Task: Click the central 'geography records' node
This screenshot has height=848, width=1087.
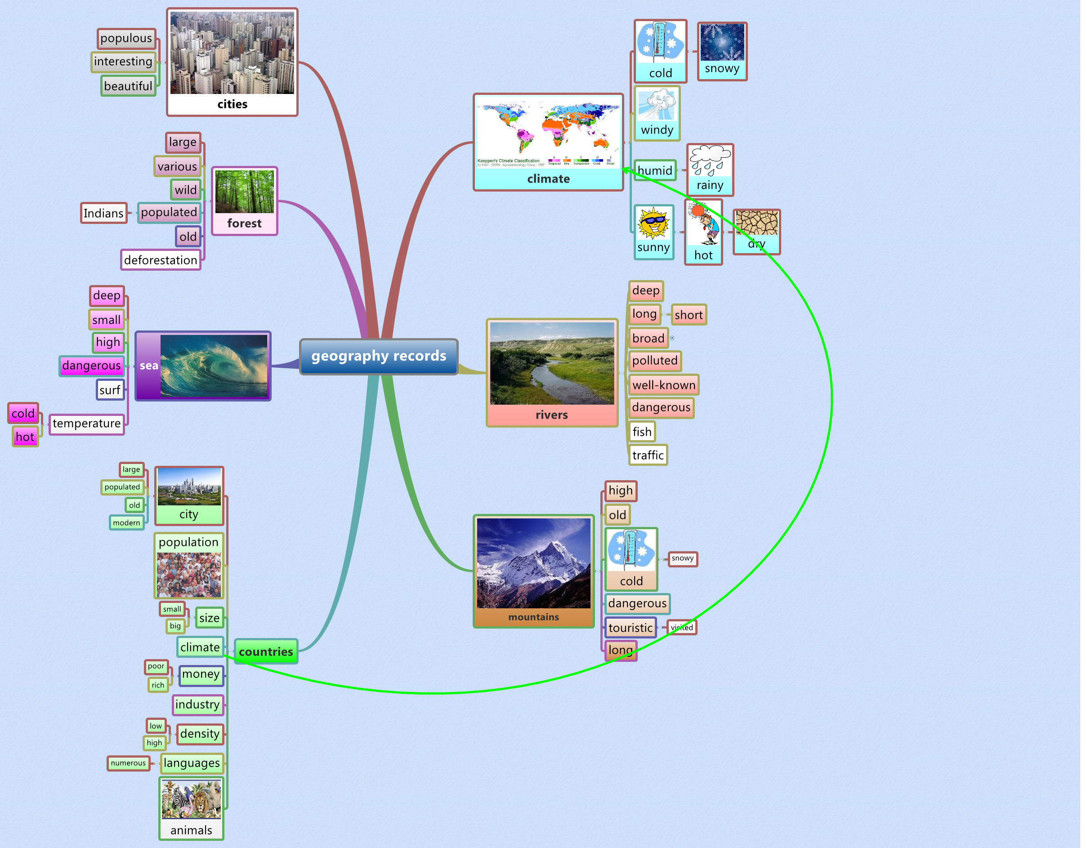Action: pyautogui.click(x=378, y=356)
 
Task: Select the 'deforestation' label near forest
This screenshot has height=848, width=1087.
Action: pyautogui.click(x=160, y=260)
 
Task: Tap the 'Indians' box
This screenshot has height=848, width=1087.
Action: pyautogui.click(x=103, y=213)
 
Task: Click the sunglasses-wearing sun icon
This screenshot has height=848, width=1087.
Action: pyautogui.click(x=653, y=223)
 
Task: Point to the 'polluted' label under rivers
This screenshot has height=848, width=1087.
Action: pyautogui.click(x=654, y=360)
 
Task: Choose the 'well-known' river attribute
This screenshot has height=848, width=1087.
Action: pyautogui.click(x=663, y=385)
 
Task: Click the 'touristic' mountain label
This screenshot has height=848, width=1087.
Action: pyautogui.click(x=630, y=628)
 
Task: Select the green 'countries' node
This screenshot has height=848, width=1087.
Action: pyautogui.click(x=266, y=652)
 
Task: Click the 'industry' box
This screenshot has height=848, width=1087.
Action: pyautogui.click(x=197, y=704)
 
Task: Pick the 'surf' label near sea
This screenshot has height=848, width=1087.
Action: pyautogui.click(x=109, y=390)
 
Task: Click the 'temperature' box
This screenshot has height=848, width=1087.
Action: pyautogui.click(x=87, y=424)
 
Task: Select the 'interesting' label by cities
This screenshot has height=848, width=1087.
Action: pyautogui.click(x=123, y=61)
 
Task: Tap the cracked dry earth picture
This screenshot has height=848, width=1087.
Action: pyautogui.click(x=756, y=223)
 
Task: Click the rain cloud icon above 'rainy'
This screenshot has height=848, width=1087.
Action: pyautogui.click(x=710, y=160)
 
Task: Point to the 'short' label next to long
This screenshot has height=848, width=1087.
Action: pyautogui.click(x=689, y=315)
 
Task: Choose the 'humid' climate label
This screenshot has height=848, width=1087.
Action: pyautogui.click(x=654, y=171)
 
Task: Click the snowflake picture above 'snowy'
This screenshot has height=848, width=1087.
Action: pyautogui.click(x=722, y=42)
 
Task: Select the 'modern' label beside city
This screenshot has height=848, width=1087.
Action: pyautogui.click(x=126, y=522)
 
